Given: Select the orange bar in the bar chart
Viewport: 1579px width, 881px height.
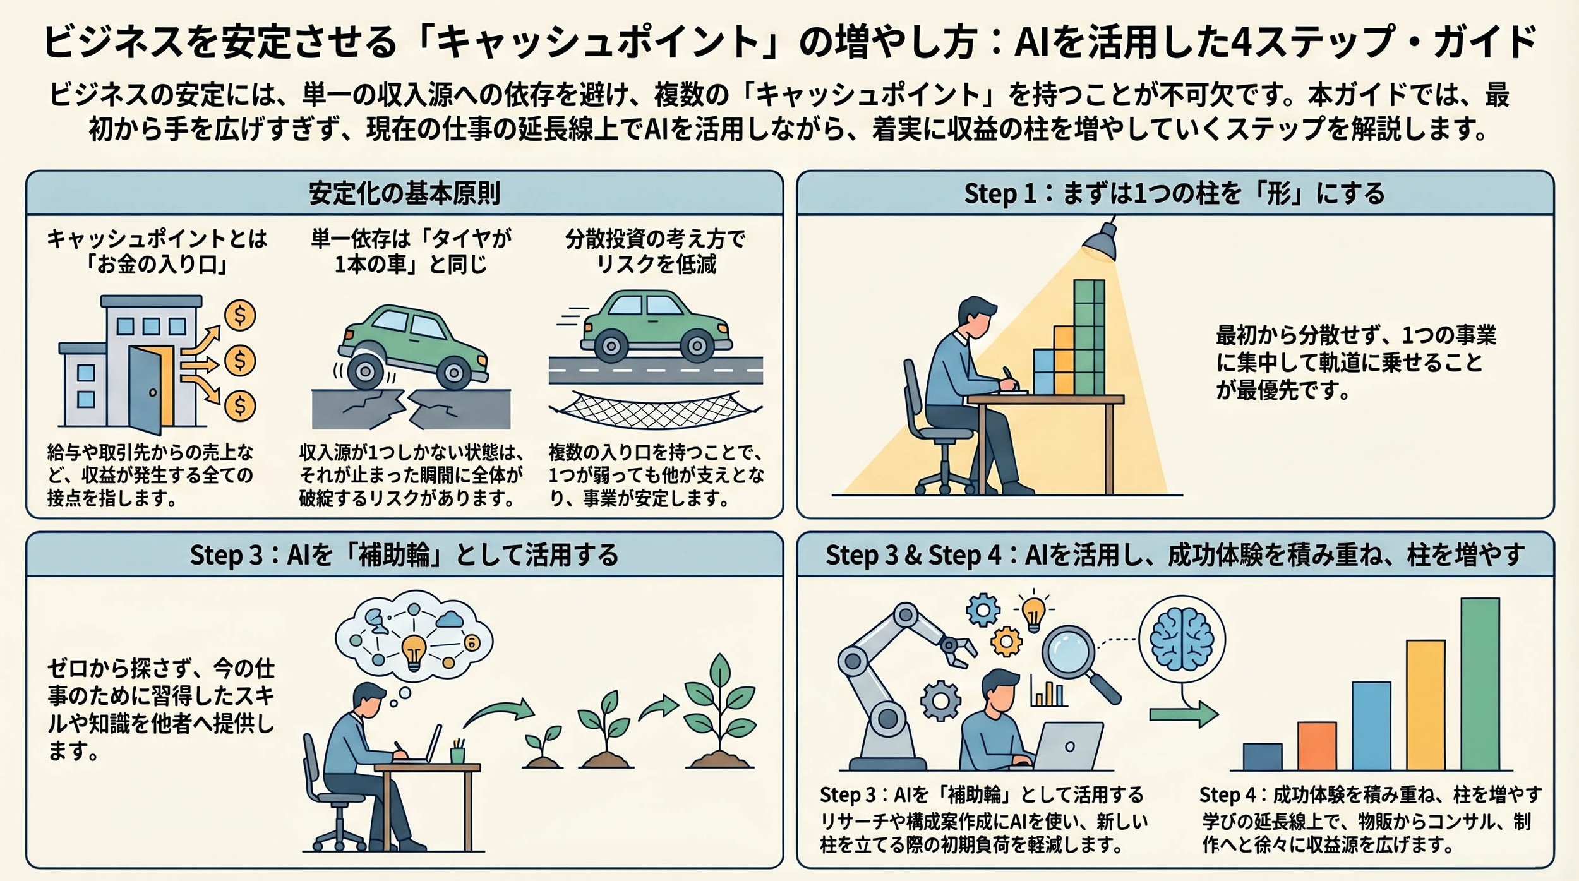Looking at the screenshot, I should click(x=1317, y=746).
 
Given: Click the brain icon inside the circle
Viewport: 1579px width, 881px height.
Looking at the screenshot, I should click(x=1182, y=639).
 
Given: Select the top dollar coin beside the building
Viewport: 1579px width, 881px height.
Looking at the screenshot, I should click(x=240, y=315).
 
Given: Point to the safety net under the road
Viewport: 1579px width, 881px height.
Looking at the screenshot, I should click(x=655, y=409).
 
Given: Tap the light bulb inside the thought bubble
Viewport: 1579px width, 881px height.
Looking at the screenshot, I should click(x=414, y=651).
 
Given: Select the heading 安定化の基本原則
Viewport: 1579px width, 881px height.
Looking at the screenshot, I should click(x=404, y=193).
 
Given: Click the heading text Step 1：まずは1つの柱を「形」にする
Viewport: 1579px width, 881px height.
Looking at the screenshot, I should click(x=1174, y=193).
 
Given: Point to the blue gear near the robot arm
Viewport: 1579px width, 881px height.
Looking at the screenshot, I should click(x=983, y=610).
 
